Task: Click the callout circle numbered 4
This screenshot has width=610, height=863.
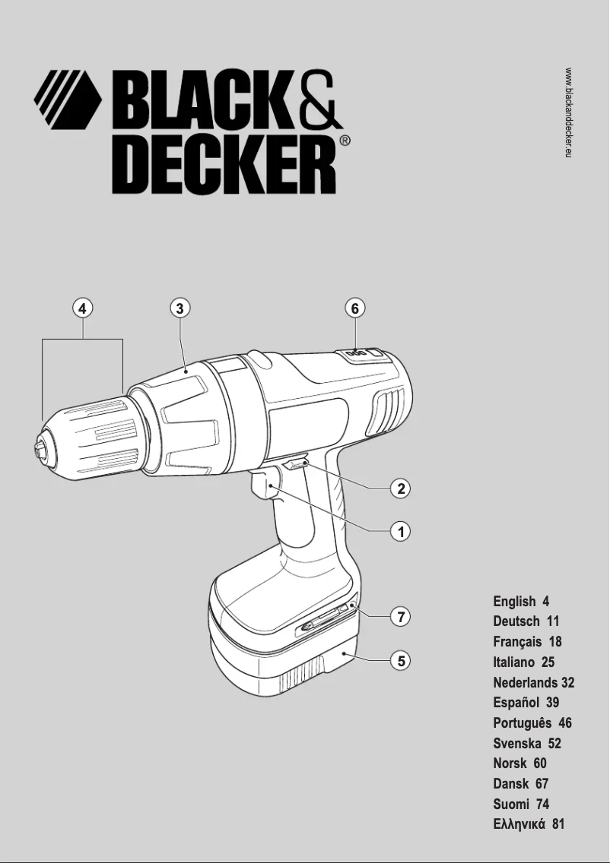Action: pyautogui.click(x=82, y=308)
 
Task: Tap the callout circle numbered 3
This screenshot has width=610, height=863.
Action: pyautogui.click(x=179, y=308)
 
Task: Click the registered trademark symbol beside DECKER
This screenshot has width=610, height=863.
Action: pyautogui.click(x=345, y=141)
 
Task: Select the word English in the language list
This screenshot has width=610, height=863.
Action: pyautogui.click(x=514, y=602)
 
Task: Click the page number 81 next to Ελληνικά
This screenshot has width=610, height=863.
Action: pyautogui.click(x=558, y=824)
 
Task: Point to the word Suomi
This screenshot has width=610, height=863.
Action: pyautogui.click(x=510, y=804)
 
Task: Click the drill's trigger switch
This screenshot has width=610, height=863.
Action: pyautogui.click(x=262, y=486)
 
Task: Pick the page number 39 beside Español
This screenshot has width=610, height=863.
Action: pyautogui.click(x=552, y=703)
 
